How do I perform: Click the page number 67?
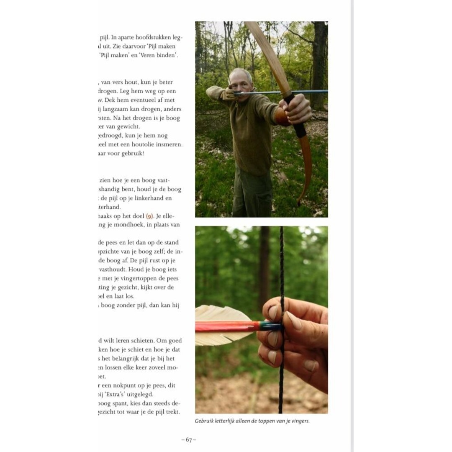(189, 440)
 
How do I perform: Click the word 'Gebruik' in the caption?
(204, 421)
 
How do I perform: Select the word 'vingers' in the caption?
(300, 421)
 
